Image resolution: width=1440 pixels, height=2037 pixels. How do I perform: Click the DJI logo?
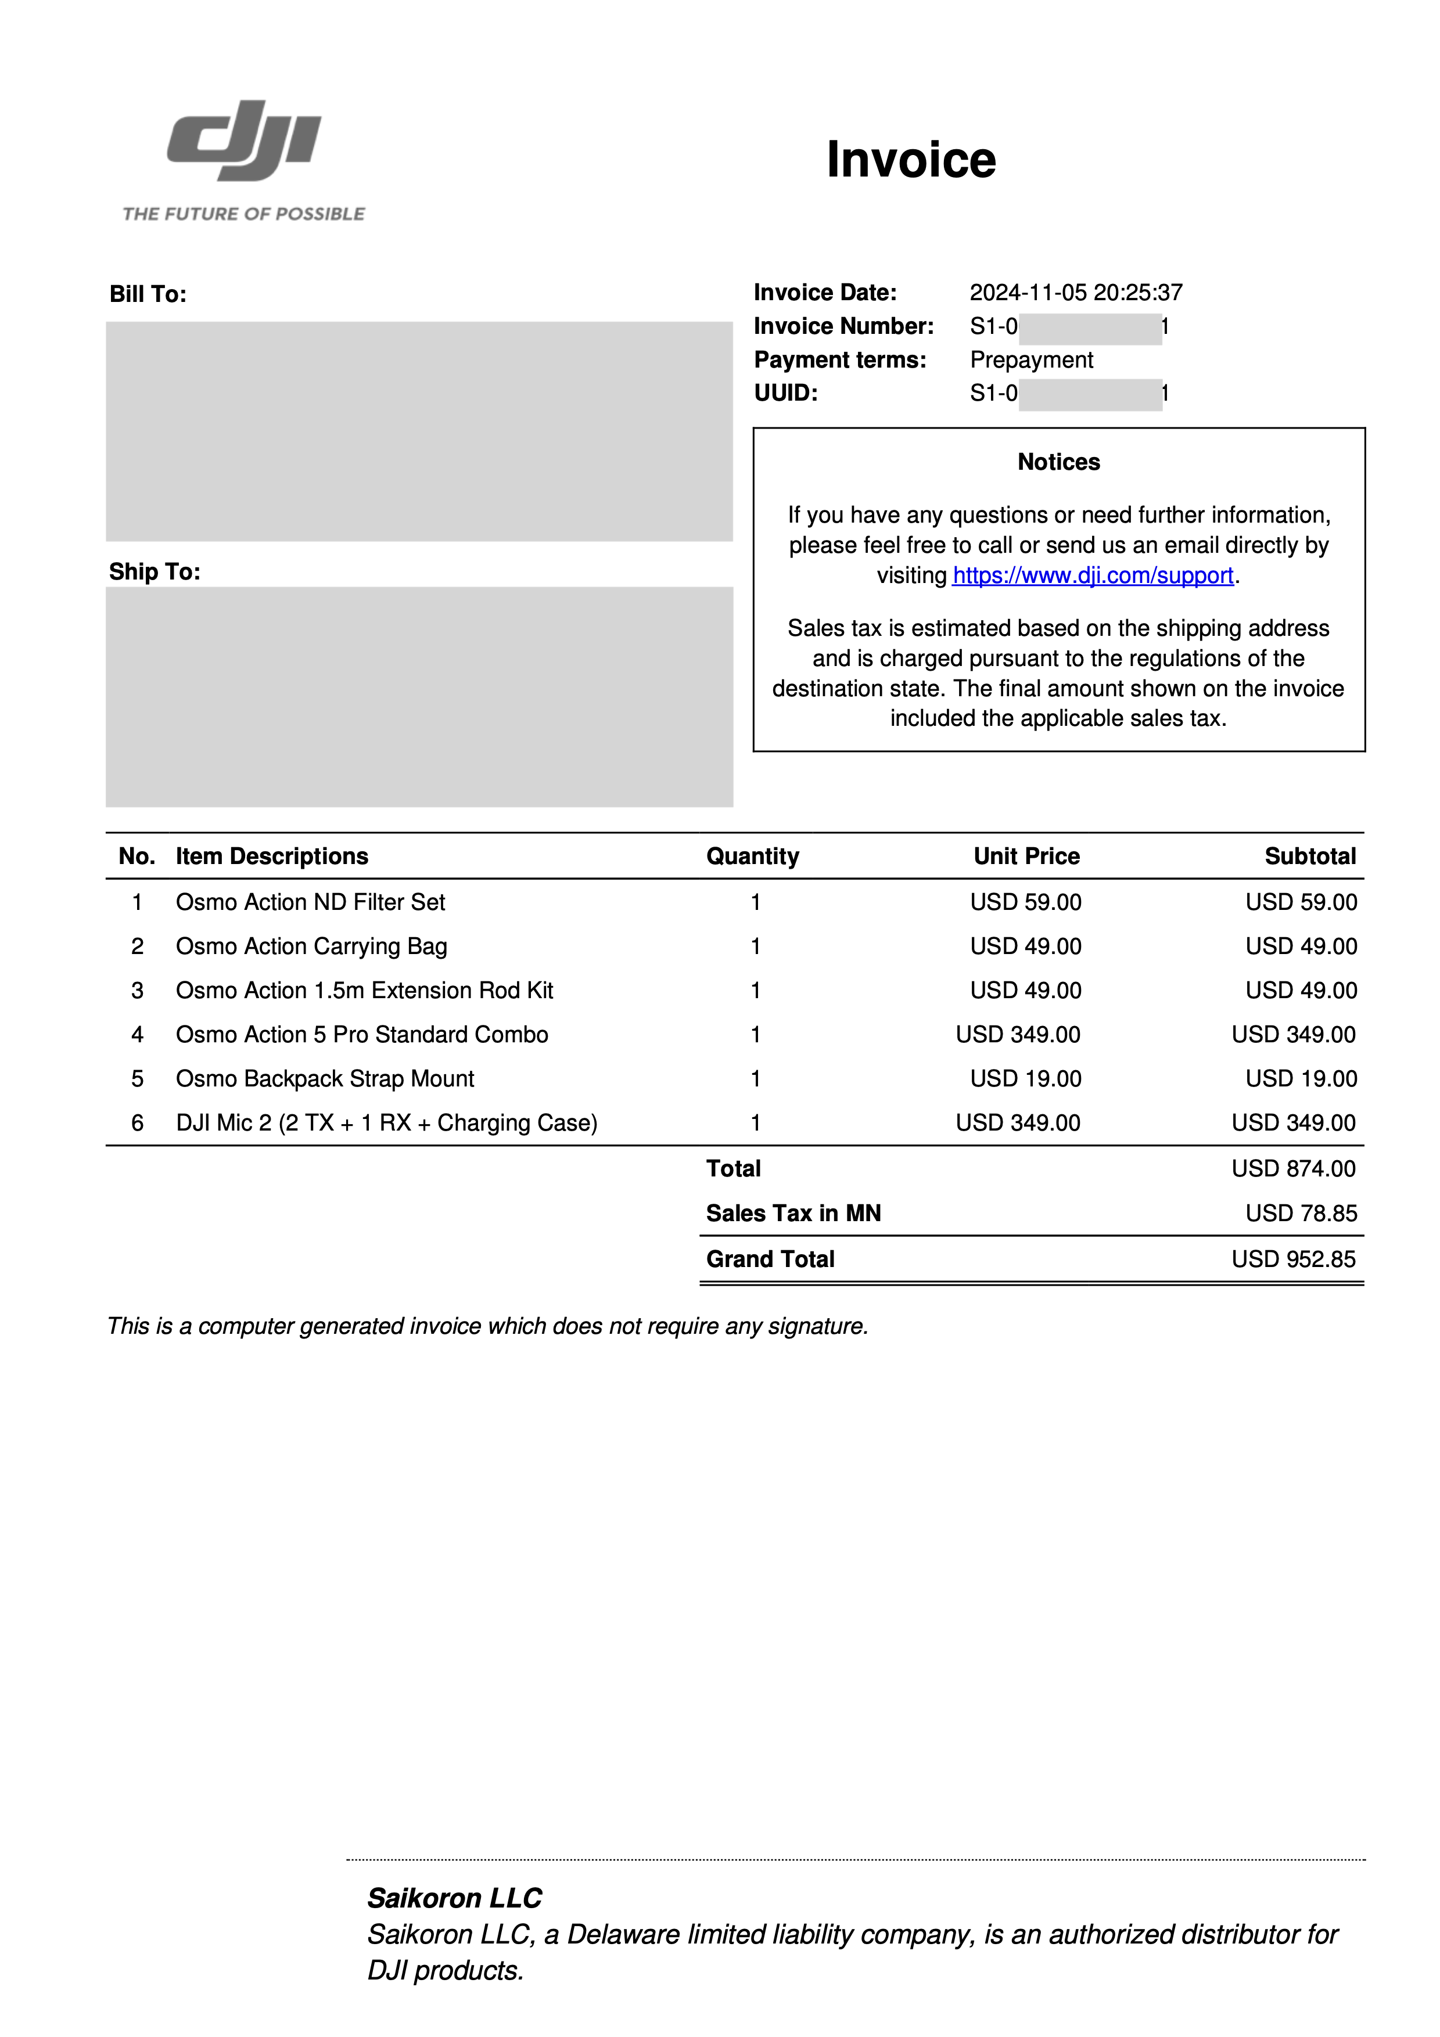pos(244,141)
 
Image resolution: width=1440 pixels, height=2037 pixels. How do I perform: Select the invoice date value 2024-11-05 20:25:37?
pos(1075,293)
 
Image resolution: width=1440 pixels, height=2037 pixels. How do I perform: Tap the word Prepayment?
pos(1031,359)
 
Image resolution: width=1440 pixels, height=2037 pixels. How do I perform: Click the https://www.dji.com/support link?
pos(1092,576)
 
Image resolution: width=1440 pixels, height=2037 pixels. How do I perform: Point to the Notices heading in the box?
pos(1058,462)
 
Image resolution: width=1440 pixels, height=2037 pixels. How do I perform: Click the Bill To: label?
pos(148,294)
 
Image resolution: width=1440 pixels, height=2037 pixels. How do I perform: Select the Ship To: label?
pos(155,572)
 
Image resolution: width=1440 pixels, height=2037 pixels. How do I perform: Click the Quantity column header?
pos(752,856)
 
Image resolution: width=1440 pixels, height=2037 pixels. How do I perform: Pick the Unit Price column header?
pos(1026,856)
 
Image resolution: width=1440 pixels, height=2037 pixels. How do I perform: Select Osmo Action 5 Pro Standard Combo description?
pos(361,1035)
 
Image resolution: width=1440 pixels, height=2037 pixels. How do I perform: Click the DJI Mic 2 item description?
pos(386,1123)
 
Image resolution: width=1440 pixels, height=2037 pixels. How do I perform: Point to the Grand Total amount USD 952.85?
pos(1292,1259)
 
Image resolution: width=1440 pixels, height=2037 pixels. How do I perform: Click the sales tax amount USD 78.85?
pos(1301,1214)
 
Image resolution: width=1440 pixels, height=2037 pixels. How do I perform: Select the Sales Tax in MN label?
pos(793,1214)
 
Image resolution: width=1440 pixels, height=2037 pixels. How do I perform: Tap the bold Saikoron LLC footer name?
pos(454,1898)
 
